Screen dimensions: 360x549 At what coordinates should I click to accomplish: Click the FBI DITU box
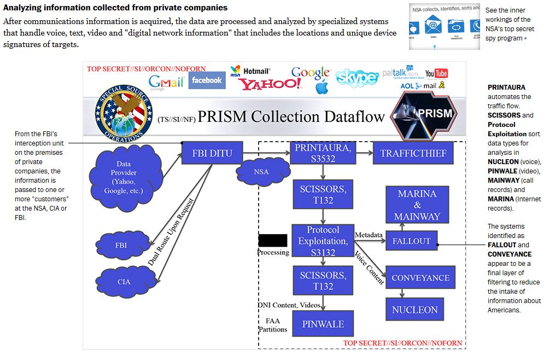[212, 153]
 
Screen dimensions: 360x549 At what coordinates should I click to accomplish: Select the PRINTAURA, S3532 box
[323, 153]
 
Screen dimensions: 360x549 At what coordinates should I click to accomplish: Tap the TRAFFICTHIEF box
[413, 153]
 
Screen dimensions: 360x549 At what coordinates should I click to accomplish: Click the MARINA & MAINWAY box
[417, 205]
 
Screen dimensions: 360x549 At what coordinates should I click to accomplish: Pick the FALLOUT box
[411, 241]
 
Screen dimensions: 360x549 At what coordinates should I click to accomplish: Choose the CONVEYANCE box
[420, 277]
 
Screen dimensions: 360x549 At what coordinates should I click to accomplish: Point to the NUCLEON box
[414, 310]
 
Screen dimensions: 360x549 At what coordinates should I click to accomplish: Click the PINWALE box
[323, 324]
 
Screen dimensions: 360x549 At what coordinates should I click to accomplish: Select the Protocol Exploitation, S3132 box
[323, 241]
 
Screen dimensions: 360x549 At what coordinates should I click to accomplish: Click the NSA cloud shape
[261, 171]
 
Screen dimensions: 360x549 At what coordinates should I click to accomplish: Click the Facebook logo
[207, 80]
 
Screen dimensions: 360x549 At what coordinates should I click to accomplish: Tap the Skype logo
[357, 78]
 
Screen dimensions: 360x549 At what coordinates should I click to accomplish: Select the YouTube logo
[436, 73]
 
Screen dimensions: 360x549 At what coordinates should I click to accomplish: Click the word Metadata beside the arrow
[369, 235]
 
